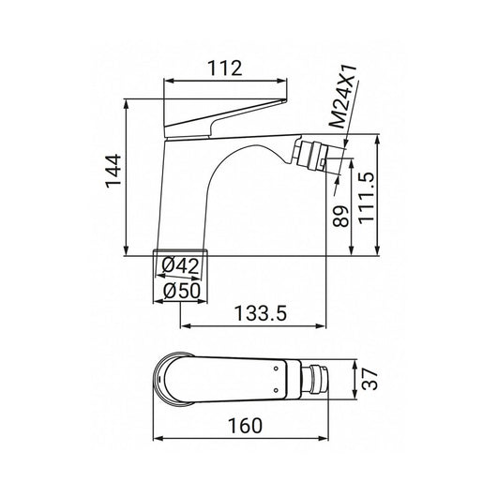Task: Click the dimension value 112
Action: [224, 68]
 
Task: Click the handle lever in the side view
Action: [225, 117]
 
